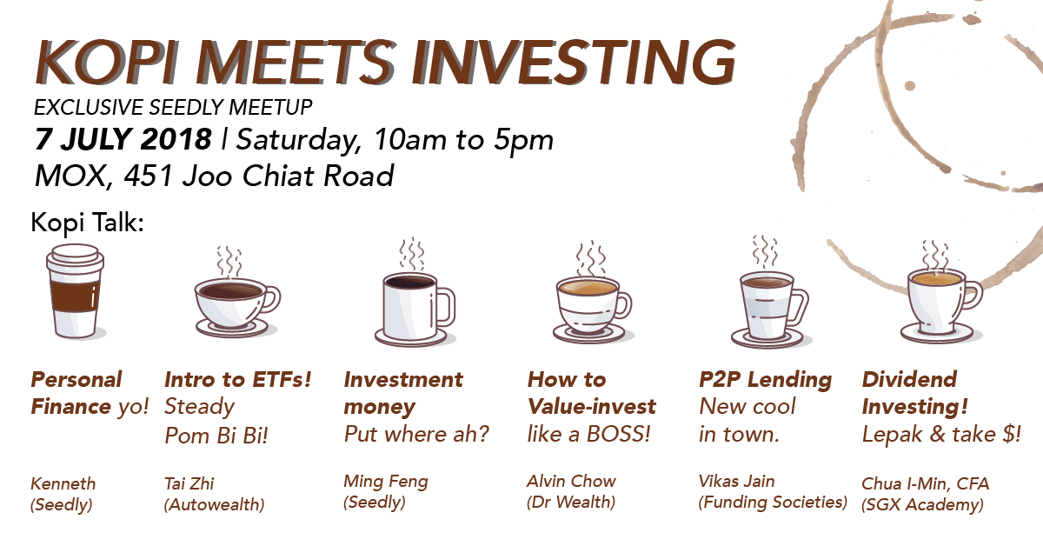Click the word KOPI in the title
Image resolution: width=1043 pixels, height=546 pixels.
coord(108,62)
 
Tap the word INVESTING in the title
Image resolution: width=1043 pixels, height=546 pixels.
coord(574,62)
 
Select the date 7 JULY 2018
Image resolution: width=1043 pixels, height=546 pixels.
coord(123,139)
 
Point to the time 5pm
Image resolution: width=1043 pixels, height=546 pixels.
coord(523,141)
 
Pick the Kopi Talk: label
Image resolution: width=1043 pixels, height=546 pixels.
coord(87,223)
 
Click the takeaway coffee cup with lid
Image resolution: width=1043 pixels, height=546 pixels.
coord(75,291)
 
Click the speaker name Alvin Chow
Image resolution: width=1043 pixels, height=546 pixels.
coord(571,481)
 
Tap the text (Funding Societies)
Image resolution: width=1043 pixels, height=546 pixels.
coord(773,502)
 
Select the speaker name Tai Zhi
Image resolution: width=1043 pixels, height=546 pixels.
coord(189,483)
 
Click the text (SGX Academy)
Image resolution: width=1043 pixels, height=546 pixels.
coord(922,504)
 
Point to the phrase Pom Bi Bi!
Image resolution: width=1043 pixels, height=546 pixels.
coord(216,436)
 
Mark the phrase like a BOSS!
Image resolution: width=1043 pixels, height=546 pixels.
coord(588,434)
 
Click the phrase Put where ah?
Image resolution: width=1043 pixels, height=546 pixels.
coord(416,435)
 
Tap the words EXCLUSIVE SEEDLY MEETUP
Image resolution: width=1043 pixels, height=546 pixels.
coord(173,108)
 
